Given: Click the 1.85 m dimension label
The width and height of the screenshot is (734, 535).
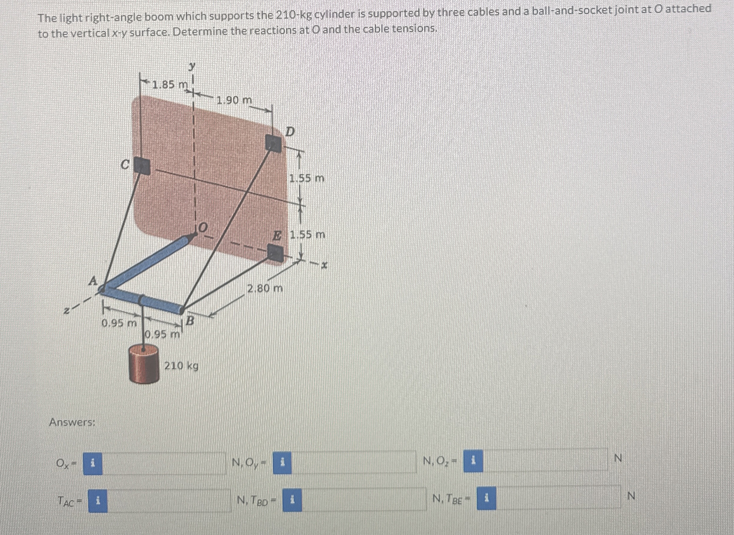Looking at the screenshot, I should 169,85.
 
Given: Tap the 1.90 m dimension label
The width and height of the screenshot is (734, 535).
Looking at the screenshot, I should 234,100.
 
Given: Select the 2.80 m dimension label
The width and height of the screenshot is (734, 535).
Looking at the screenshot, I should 265,288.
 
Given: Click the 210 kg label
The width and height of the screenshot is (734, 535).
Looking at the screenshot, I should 181,366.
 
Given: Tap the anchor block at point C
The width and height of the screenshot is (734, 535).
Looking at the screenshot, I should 142,166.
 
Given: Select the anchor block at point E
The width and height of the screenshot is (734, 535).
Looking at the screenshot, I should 276,252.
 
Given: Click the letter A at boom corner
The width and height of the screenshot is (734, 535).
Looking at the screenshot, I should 93,280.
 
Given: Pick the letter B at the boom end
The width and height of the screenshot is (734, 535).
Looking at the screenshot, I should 190,321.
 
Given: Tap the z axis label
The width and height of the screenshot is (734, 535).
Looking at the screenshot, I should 66,311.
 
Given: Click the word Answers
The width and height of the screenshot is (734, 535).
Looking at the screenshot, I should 72,422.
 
